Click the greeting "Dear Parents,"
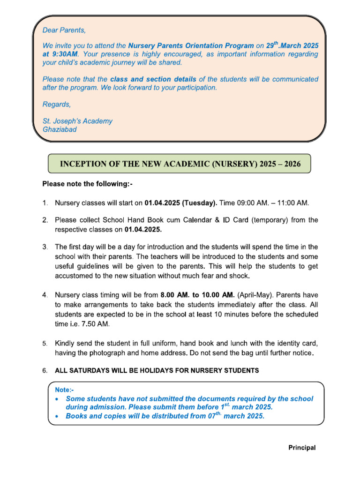coord(64,30)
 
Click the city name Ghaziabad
coord(60,129)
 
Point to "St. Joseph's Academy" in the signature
coord(77,121)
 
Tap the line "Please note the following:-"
coord(88,184)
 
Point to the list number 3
coord(45,247)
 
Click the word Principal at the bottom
coord(301,448)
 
